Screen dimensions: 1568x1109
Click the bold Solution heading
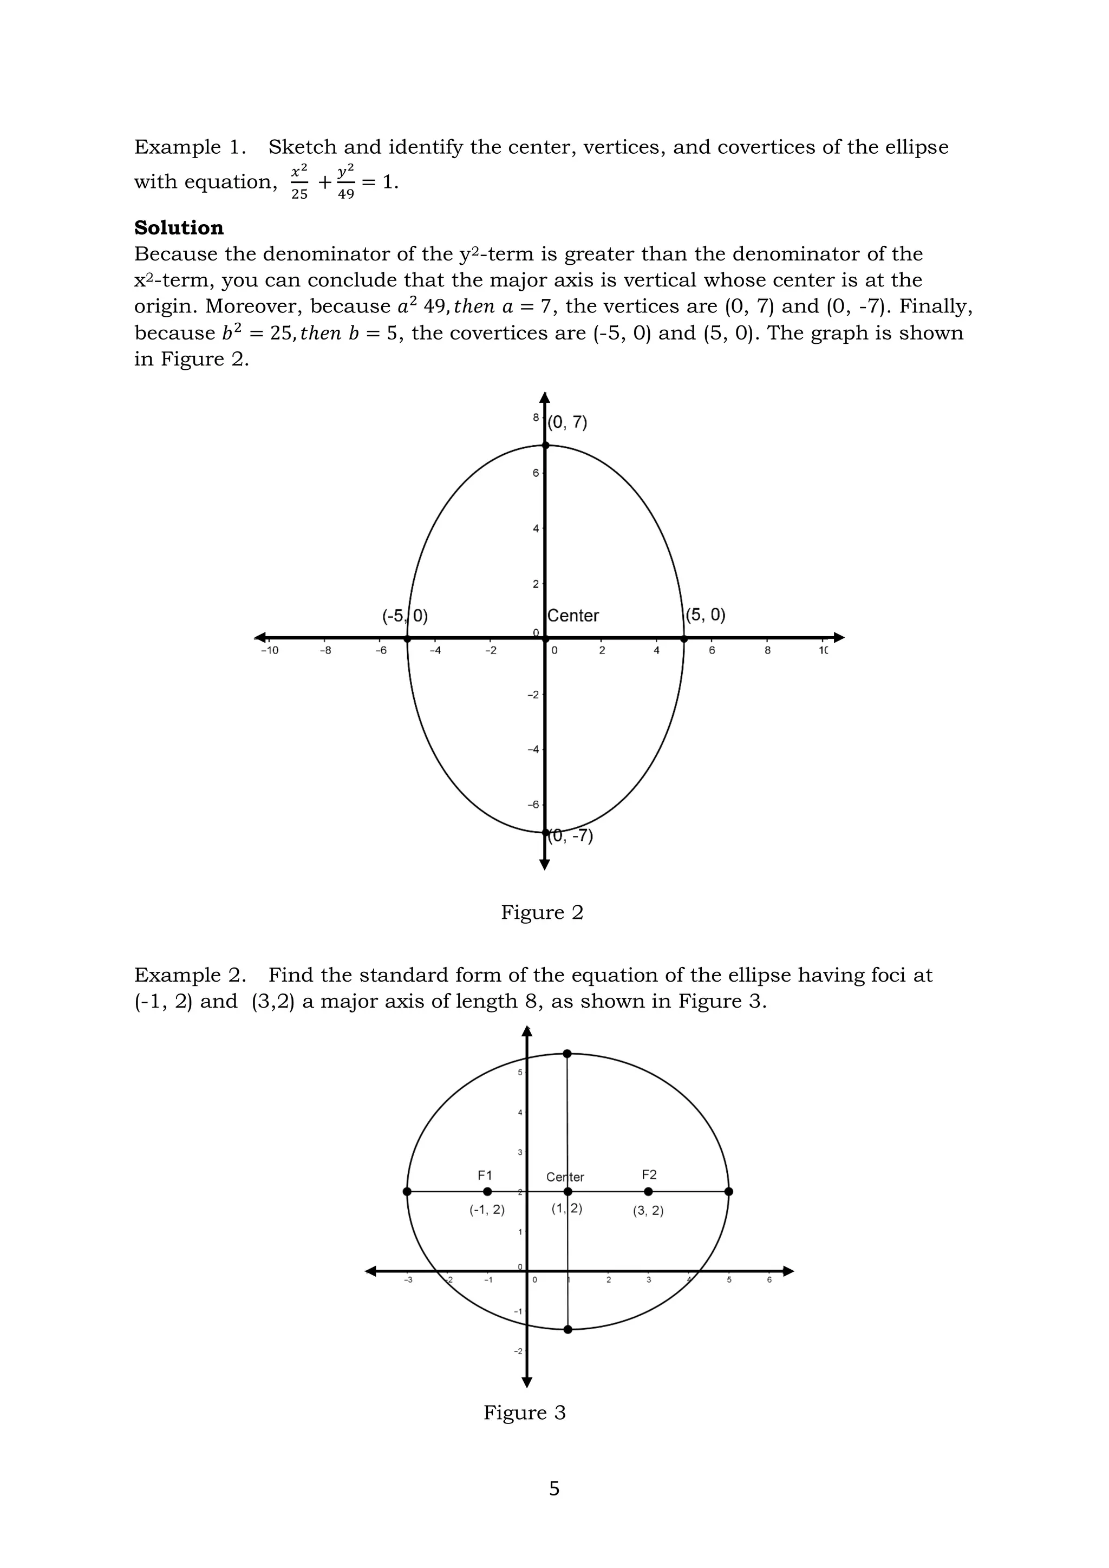pyautogui.click(x=179, y=227)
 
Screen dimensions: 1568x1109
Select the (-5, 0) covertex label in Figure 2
pyautogui.click(x=405, y=616)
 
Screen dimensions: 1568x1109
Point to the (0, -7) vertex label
pyautogui.click(x=572, y=836)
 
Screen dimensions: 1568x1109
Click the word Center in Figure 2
pyautogui.click(x=573, y=616)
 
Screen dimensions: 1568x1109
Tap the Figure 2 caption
pyautogui.click(x=542, y=912)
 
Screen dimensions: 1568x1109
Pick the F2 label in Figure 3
pyautogui.click(x=649, y=1174)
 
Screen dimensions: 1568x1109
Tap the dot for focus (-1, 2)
pyautogui.click(x=487, y=1192)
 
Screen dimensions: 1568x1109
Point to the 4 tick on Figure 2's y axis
pyautogui.click(x=536, y=528)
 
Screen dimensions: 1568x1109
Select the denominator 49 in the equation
pyautogui.click(x=346, y=194)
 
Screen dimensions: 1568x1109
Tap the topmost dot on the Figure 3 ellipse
pyautogui.click(x=567, y=1054)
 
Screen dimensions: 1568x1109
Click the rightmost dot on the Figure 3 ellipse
pyautogui.click(x=729, y=1192)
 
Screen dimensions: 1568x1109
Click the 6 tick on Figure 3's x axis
pyautogui.click(x=769, y=1280)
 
